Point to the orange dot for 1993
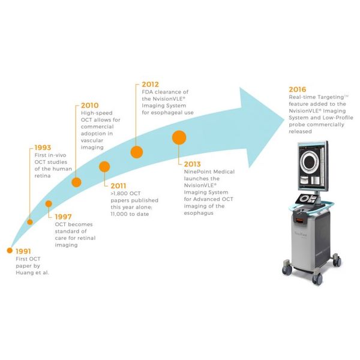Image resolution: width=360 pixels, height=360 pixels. (31, 222)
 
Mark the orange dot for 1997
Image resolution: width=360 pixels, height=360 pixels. (49, 205)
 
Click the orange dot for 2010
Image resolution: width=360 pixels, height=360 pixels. (76, 182)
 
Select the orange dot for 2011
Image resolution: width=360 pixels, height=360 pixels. (104, 167)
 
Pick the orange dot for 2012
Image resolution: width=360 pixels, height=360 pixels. (137, 152)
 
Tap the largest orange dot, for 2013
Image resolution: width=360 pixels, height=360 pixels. (179, 137)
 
